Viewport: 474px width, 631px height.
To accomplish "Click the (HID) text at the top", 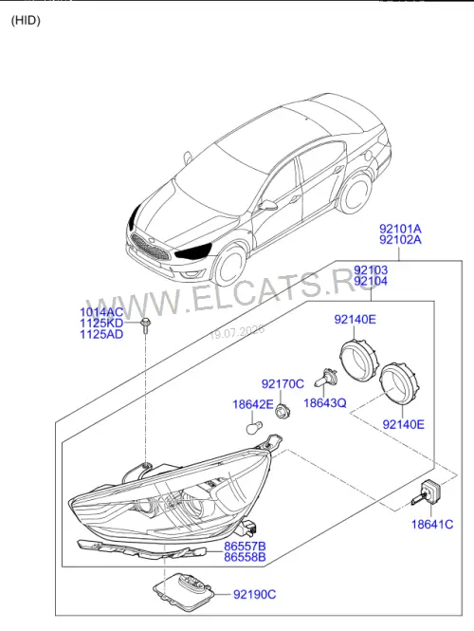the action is pos(26,20).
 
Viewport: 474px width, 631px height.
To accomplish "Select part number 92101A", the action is pos(400,229).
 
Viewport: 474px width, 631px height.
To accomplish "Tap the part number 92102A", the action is pos(400,240).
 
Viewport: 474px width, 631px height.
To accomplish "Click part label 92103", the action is pos(371,269).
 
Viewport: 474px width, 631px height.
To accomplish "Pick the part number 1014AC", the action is pos(101,312).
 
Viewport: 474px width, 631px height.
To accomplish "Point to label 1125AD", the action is pos(101,334).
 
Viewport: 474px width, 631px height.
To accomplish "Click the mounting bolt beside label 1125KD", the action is pos(144,325).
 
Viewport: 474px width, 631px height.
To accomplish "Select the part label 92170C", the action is pos(283,384).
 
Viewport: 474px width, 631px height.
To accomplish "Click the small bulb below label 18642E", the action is pos(254,427).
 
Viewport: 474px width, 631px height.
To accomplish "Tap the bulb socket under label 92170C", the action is pos(283,411).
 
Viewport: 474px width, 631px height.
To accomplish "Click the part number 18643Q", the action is pos(325,403).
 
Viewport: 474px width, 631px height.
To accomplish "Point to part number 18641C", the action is pos(432,525).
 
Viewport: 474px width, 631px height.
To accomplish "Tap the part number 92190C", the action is pos(255,594).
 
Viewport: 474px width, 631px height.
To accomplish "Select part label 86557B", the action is pos(245,547).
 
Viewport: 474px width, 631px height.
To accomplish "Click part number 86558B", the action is pos(245,557).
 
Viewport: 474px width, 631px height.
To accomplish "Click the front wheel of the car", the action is pos(229,266).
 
